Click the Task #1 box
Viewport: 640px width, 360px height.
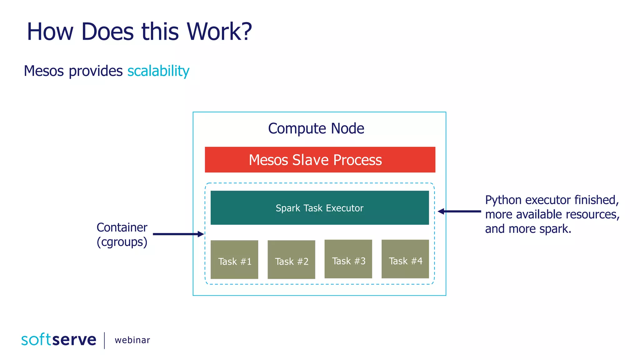[x=234, y=259]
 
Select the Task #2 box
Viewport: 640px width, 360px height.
[x=291, y=259]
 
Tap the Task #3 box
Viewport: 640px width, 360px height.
[x=348, y=259]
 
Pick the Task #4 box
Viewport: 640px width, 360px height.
[x=405, y=259]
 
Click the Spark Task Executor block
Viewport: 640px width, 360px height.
[x=319, y=207]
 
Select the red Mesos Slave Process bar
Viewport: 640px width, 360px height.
[x=320, y=160]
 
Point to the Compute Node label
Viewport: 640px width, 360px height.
[x=316, y=128]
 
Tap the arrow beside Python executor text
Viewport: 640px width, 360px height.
[x=459, y=212]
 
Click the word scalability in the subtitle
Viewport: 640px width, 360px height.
[x=158, y=71]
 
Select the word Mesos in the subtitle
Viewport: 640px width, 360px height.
[x=44, y=71]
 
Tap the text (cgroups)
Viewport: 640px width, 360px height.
[x=122, y=242]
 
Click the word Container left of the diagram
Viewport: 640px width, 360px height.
[x=122, y=227]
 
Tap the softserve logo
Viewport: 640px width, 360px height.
[x=59, y=340]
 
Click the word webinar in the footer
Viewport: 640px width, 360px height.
[x=132, y=340]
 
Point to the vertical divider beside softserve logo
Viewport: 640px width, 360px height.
[x=104, y=340]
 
